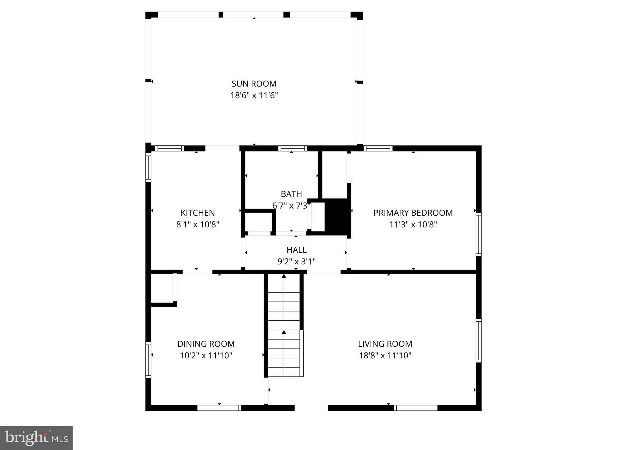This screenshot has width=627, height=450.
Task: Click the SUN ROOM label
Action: [254, 84]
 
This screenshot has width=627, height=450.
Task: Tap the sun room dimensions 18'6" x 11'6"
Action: [254, 96]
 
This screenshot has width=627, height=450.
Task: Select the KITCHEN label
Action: [198, 213]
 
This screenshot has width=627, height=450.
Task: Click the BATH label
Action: [291, 194]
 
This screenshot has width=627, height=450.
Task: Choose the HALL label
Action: [297, 250]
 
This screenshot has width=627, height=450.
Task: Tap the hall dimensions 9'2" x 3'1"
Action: [297, 262]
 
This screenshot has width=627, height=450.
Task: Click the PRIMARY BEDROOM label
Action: [413, 213]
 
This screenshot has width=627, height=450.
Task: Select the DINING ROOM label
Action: [206, 344]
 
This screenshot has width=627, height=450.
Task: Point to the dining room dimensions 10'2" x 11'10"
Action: [206, 356]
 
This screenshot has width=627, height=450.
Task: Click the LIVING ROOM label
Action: [385, 344]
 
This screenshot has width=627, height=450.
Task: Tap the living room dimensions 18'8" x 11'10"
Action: [385, 356]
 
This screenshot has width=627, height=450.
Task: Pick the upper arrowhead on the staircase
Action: [284, 276]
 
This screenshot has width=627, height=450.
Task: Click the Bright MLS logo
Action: [36, 438]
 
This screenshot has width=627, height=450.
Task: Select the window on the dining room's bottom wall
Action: [219, 408]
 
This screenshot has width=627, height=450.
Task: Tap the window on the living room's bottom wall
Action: [416, 408]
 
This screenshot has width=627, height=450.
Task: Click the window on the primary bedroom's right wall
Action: [478, 234]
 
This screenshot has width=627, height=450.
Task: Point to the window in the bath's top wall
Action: [293, 148]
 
